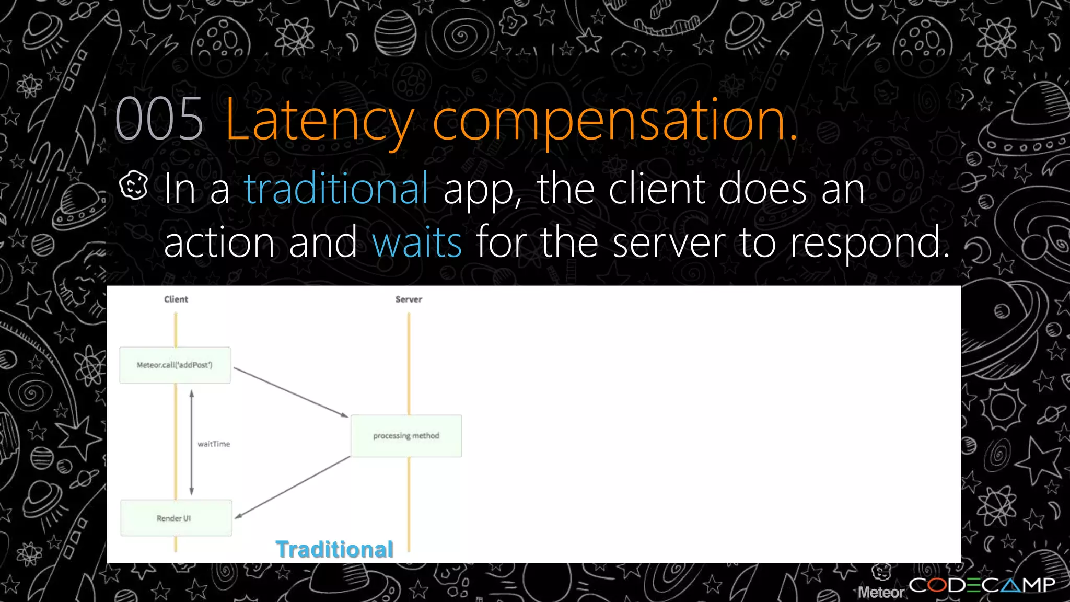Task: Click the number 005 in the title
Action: (159, 120)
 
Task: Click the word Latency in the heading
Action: (319, 121)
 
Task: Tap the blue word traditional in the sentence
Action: (336, 189)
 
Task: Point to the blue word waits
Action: (416, 242)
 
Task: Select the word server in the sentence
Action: (669, 242)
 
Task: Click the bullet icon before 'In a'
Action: (134, 186)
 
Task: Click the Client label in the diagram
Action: (176, 299)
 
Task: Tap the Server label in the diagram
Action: (409, 299)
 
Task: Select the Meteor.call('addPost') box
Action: (175, 365)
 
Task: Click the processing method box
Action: (406, 436)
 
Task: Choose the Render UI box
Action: (176, 518)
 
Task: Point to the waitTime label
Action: (214, 444)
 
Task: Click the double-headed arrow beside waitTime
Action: (192, 442)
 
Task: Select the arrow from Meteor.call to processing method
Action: (291, 392)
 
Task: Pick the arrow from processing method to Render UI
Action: (292, 488)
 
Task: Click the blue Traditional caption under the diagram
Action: (334, 549)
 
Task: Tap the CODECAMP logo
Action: (982, 585)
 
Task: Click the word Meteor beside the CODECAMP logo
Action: (881, 592)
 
